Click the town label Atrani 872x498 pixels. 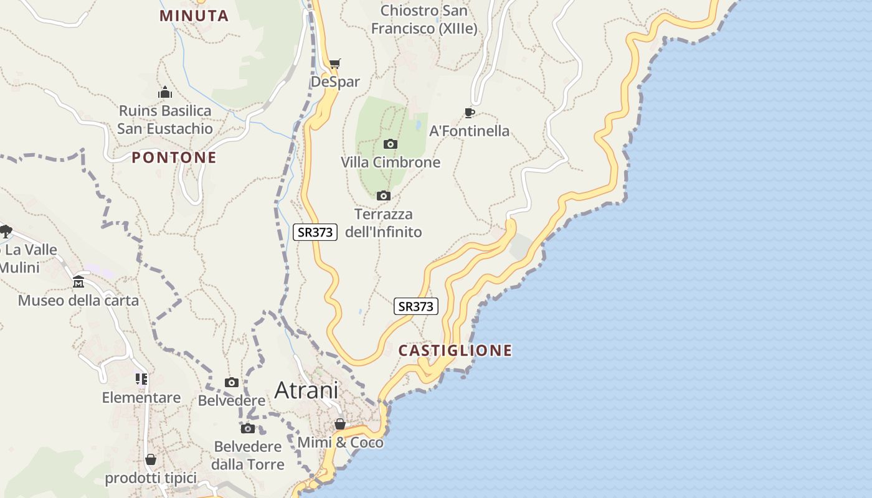tap(306, 390)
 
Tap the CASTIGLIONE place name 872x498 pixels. tap(455, 350)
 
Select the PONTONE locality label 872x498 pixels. tap(174, 157)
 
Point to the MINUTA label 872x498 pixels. tap(194, 16)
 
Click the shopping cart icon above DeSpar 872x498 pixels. tap(335, 63)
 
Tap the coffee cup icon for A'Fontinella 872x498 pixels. tap(469, 113)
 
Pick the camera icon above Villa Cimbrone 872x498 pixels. tap(391, 144)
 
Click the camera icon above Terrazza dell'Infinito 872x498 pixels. tap(384, 196)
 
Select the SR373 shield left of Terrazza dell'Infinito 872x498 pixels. tap(315, 232)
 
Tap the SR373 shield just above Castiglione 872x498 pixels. tap(416, 306)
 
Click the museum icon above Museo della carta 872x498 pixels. tap(78, 283)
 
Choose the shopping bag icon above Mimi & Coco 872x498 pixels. tap(340, 425)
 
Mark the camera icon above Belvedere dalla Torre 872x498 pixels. tap(248, 428)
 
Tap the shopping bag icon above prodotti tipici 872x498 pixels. tap(151, 460)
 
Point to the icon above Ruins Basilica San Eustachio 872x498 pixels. tap(165, 93)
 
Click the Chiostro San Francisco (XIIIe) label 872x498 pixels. tap(424, 19)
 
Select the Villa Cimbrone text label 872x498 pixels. tap(391, 162)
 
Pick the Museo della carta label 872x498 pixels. tap(78, 301)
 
